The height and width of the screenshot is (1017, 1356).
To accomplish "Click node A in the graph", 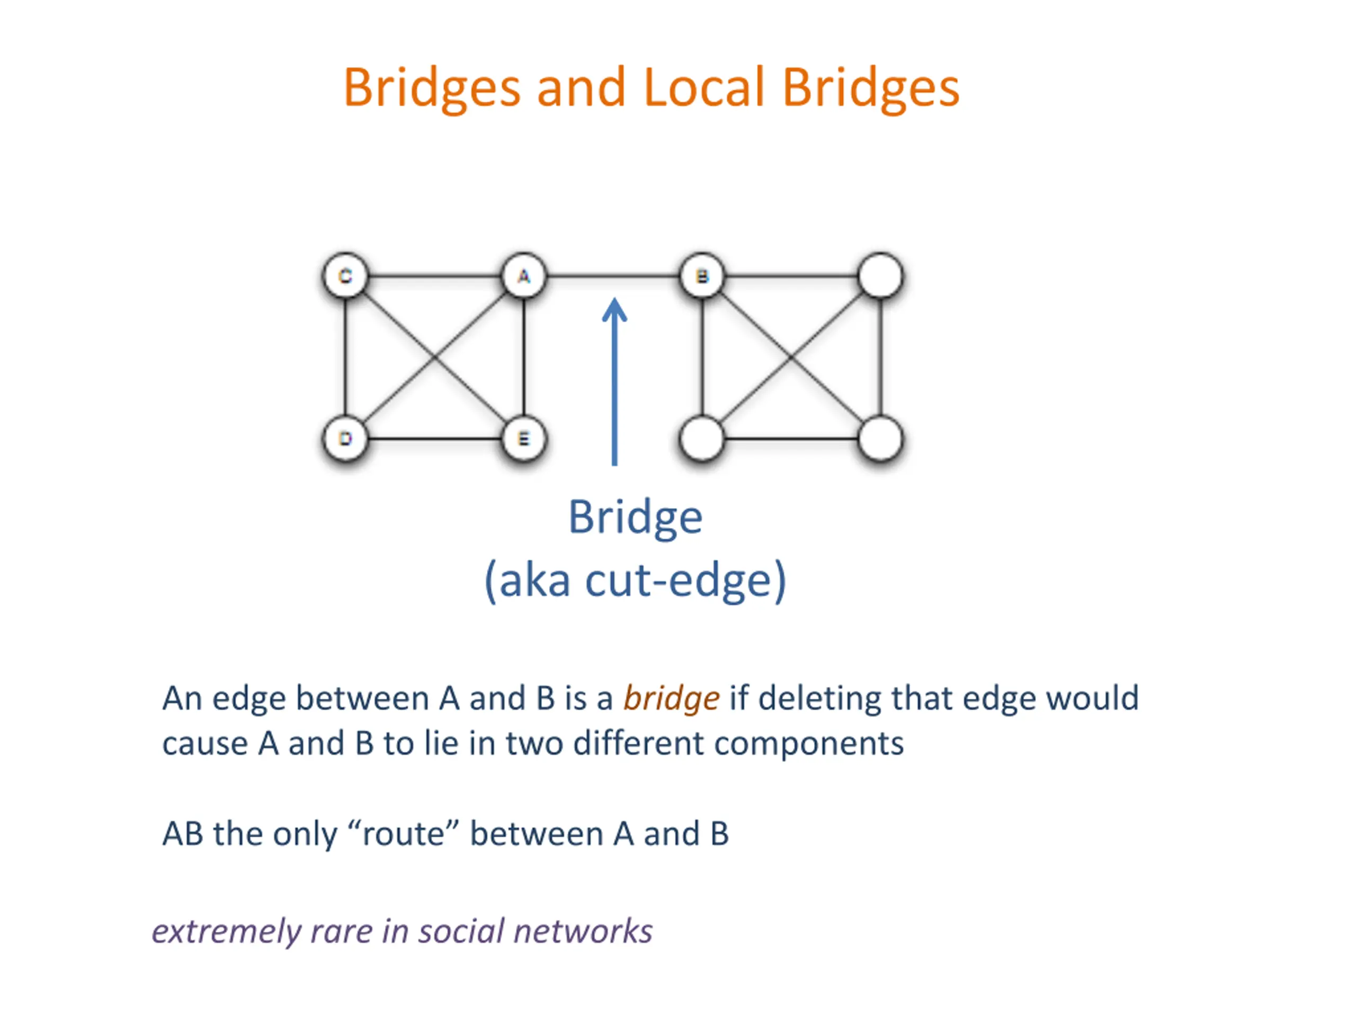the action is [x=523, y=276].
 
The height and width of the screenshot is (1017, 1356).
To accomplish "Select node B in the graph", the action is [x=702, y=276].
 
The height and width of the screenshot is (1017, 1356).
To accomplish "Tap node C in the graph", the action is [x=345, y=276].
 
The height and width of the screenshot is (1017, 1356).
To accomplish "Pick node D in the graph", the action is [x=345, y=438].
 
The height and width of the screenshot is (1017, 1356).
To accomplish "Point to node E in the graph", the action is [x=523, y=438].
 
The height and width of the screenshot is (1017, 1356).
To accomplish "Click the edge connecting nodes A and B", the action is [x=613, y=276].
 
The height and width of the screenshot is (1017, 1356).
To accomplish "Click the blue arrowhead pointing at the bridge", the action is [x=614, y=309].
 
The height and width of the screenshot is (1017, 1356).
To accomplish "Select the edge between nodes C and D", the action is [x=345, y=358].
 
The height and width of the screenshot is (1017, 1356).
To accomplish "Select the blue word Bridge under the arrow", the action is [x=635, y=519].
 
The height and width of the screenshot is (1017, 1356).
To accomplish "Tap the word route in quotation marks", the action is [x=404, y=834].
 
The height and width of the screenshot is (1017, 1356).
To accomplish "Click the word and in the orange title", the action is [x=581, y=87].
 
